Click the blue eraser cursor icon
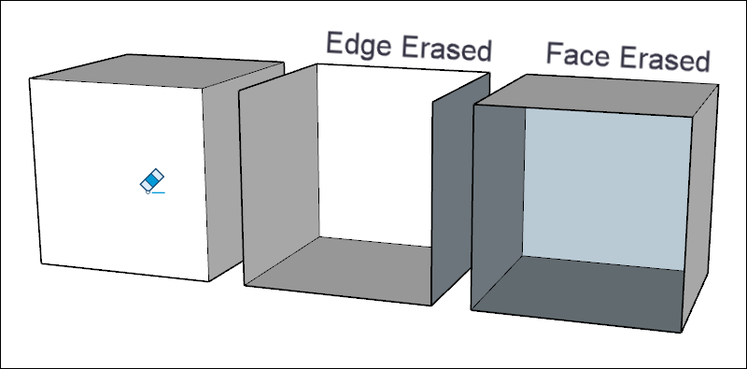pyautogui.click(x=151, y=181)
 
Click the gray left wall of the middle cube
pyautogui.click(x=277, y=177)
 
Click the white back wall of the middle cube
pyautogui.click(x=373, y=149)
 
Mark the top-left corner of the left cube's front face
pyautogui.click(x=30, y=79)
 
